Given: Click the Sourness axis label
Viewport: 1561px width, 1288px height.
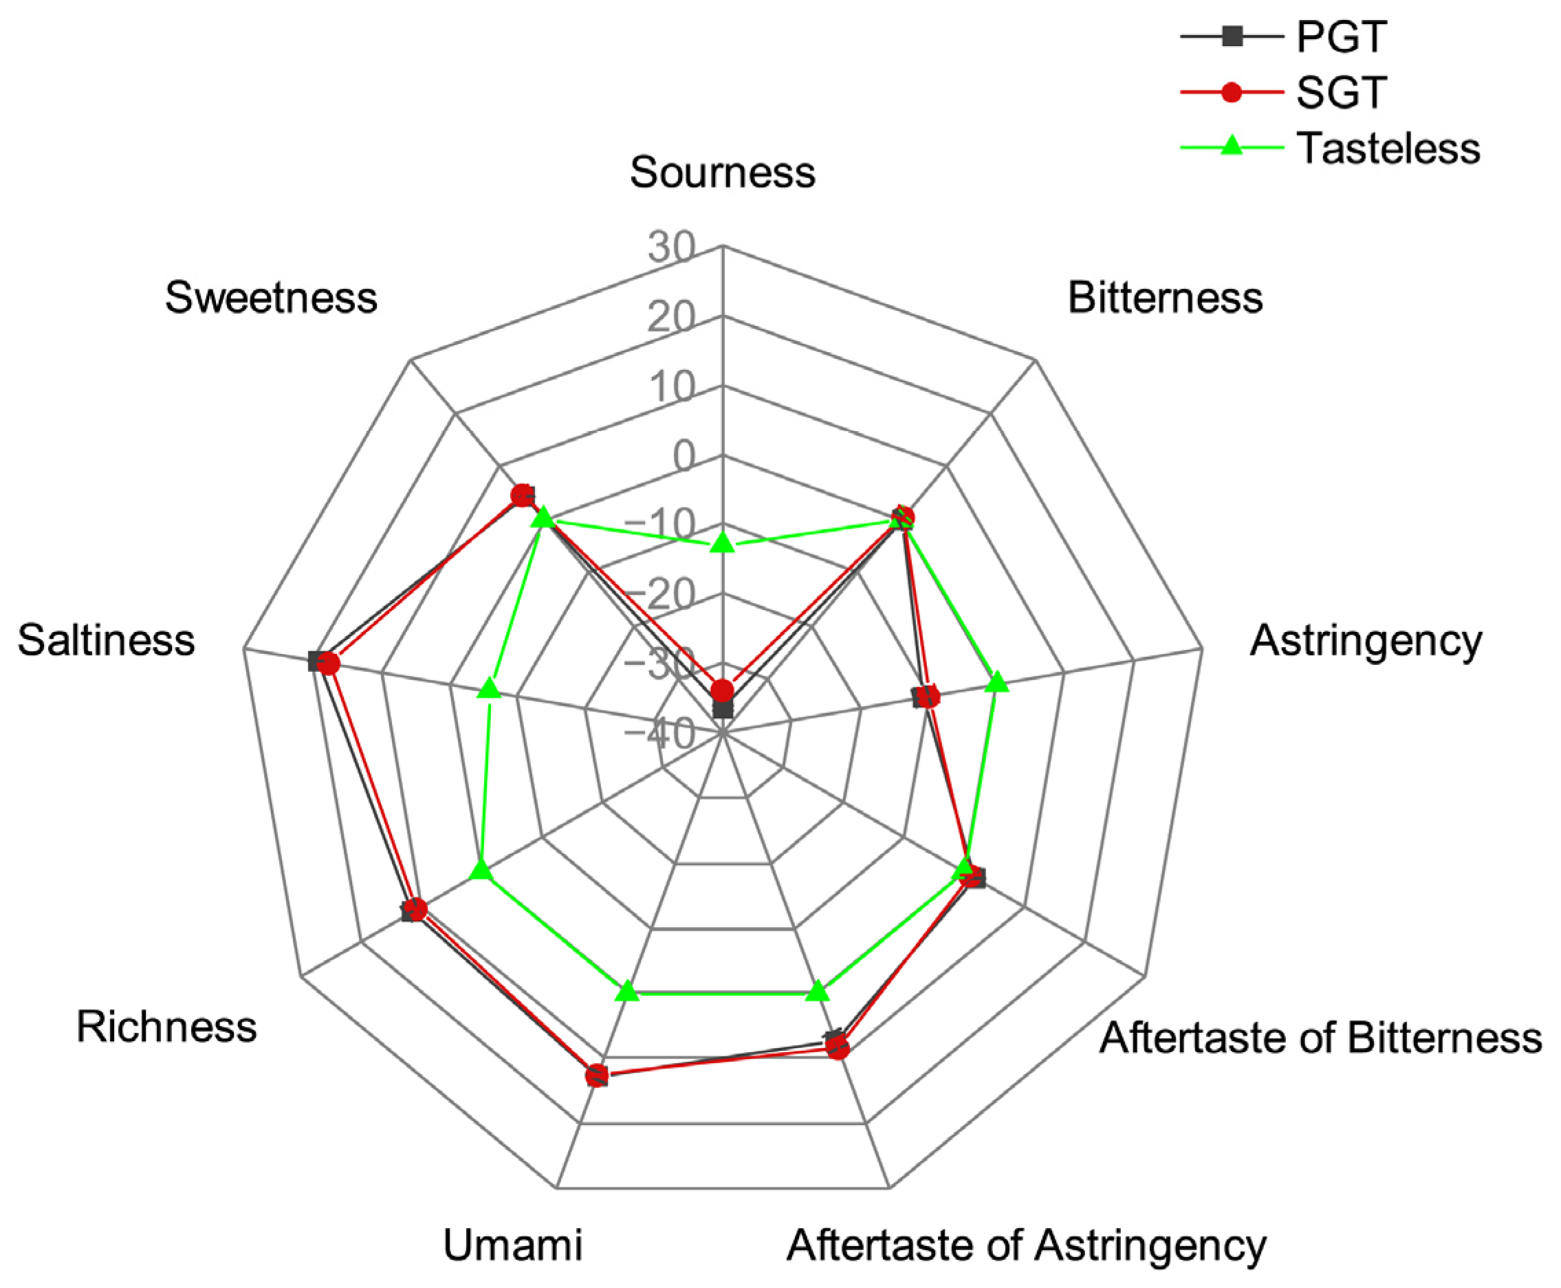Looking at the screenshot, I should [722, 172].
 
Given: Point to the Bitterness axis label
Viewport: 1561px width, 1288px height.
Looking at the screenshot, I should [1165, 298].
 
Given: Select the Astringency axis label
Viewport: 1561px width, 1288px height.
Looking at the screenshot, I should [1366, 640].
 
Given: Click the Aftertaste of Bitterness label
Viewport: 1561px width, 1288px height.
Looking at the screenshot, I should [1320, 1036].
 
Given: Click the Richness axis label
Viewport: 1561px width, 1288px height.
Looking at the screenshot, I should [166, 1027].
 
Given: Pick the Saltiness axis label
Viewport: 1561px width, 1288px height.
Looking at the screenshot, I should [106, 640].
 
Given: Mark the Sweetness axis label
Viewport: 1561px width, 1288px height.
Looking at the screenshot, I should [271, 298].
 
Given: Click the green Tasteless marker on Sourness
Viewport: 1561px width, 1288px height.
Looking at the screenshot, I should [722, 543].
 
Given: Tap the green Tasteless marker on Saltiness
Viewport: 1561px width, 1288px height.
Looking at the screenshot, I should [489, 688].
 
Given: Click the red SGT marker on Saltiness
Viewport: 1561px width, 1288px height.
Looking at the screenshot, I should [327, 664].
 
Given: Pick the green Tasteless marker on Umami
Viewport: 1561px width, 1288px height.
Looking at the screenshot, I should [628, 991].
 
